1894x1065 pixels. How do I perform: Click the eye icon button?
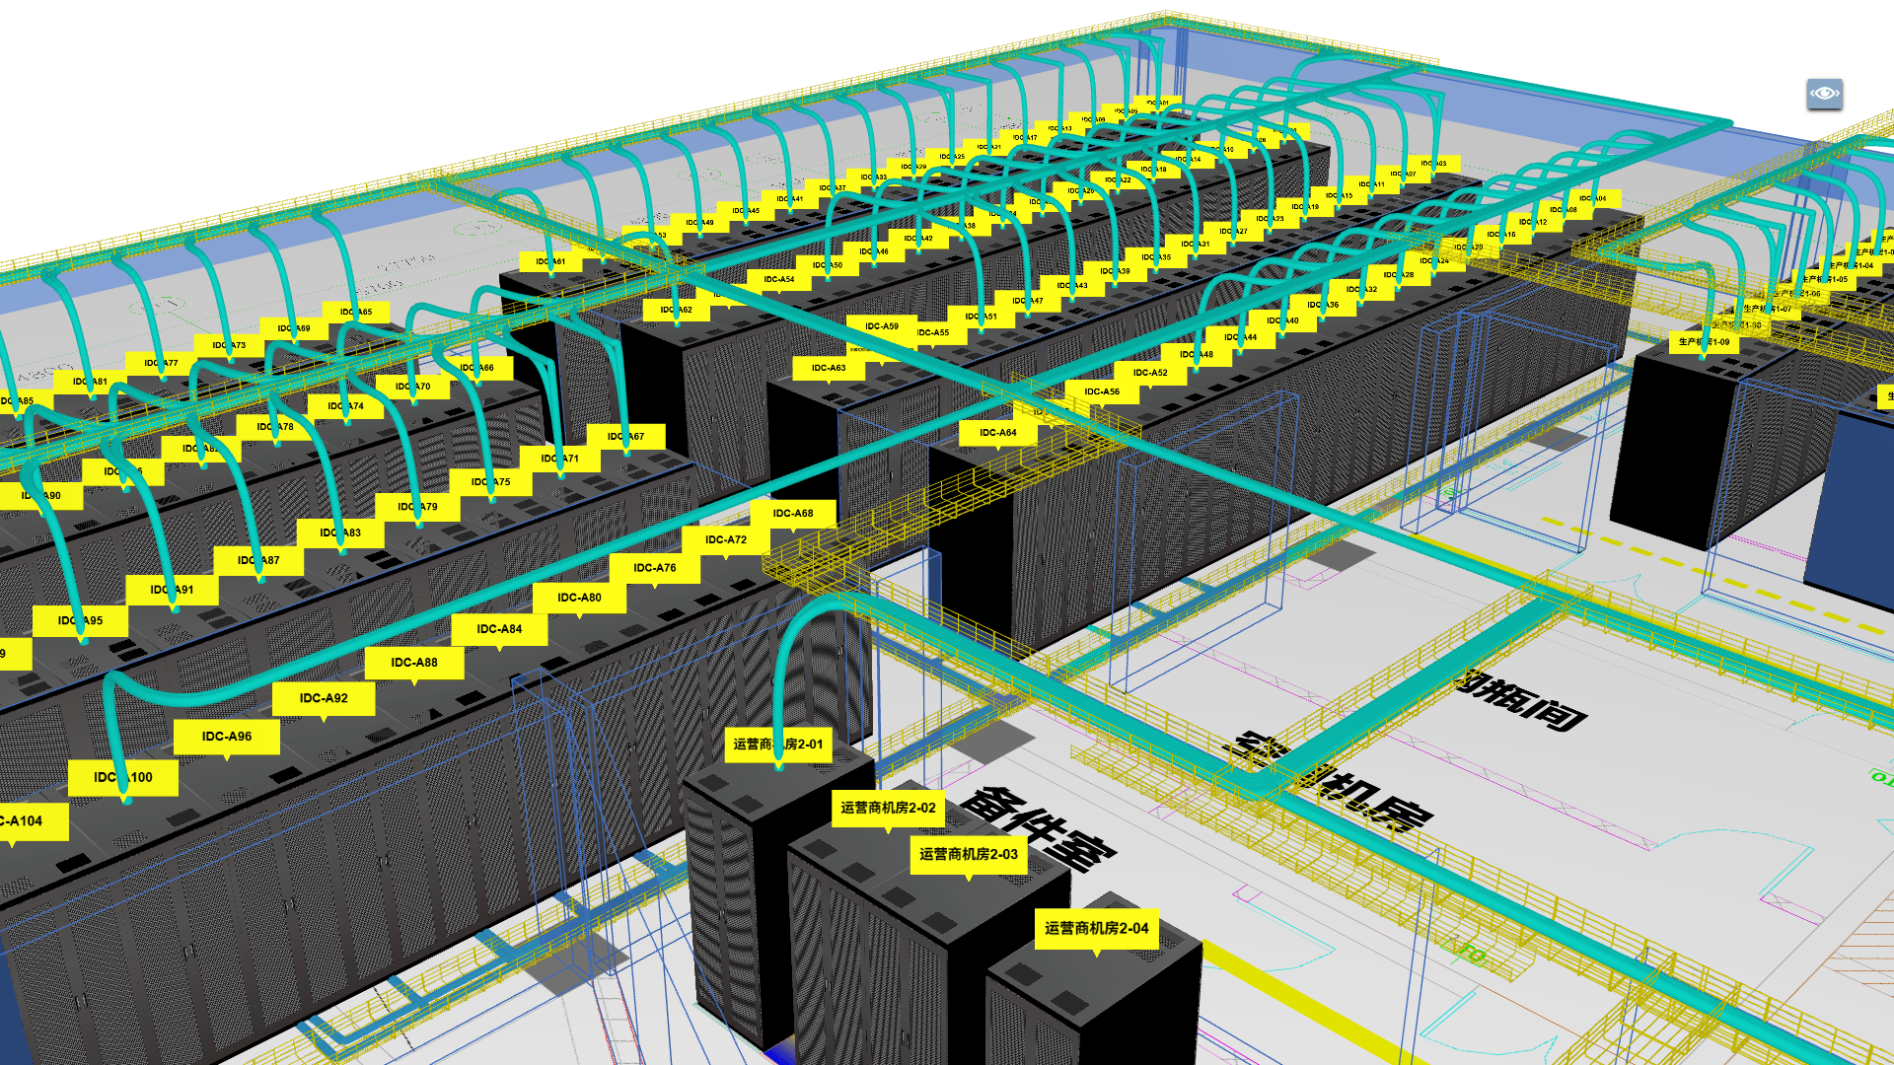(x=1824, y=94)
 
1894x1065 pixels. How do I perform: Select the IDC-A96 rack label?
(x=227, y=737)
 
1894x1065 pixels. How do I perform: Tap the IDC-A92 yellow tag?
(x=324, y=698)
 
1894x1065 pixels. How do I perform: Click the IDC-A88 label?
(x=414, y=663)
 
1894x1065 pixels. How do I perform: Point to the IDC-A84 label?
(x=499, y=629)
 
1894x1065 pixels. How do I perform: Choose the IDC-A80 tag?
(x=579, y=598)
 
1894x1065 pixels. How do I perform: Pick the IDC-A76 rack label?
(x=655, y=568)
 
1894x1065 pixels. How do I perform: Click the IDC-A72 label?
(x=726, y=539)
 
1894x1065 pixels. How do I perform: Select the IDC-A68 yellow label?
(x=793, y=514)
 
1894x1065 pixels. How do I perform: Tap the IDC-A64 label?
(x=997, y=433)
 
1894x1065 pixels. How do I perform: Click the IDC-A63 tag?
(x=829, y=368)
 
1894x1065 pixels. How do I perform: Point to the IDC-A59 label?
(x=882, y=326)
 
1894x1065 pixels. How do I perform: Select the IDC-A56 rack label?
(x=1102, y=391)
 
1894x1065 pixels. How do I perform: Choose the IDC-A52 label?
(x=1150, y=373)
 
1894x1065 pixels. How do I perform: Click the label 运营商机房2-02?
(x=888, y=808)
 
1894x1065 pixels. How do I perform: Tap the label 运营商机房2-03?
(x=969, y=854)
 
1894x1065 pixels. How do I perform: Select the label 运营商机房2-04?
(x=1096, y=928)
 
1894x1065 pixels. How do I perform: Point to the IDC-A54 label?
(x=778, y=279)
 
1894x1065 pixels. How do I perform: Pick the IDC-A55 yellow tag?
(x=932, y=333)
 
